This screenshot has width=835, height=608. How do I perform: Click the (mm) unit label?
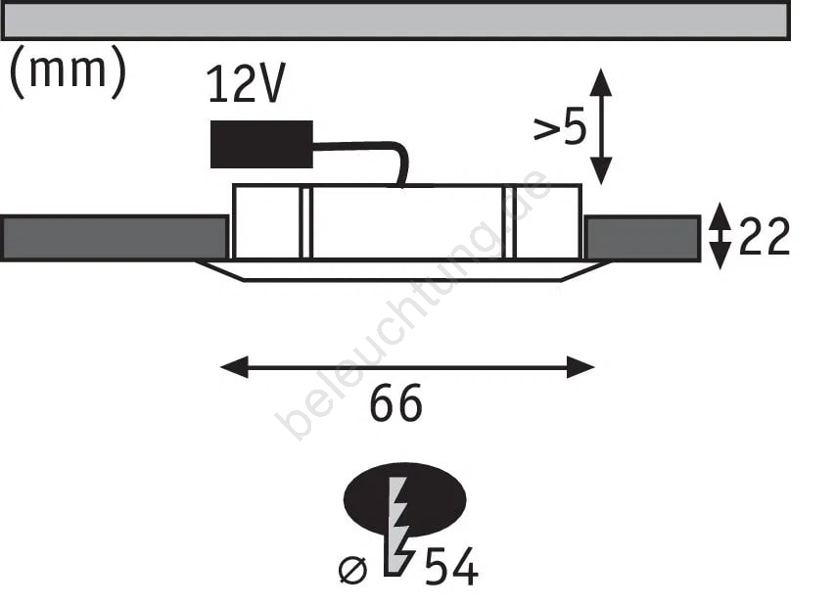69,71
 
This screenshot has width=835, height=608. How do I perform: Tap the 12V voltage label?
246,83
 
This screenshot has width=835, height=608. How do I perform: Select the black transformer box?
261,144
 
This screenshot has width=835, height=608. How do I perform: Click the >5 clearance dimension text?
559,126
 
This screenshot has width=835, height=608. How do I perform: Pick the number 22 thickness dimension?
764,236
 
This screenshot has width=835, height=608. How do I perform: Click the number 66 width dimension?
395,403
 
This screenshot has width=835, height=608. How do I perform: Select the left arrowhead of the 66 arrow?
234,367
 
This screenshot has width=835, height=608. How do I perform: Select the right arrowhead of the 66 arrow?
580,367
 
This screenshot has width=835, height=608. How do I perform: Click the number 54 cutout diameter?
450,567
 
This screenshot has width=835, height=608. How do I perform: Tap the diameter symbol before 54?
352,570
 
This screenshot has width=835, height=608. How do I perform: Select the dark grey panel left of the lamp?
114,238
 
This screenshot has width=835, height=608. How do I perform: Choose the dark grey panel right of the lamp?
642,238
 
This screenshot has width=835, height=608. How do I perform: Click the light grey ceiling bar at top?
395,21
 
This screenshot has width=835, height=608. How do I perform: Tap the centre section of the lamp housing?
407,222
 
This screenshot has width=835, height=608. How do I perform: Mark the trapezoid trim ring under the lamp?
403,270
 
